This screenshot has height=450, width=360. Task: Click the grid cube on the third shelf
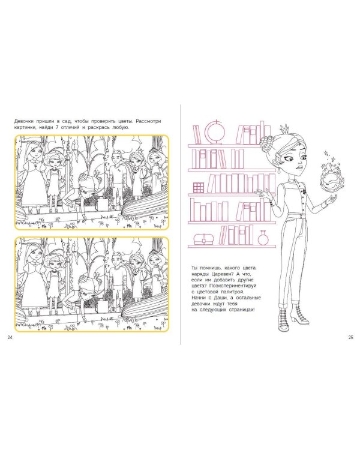pyautogui.click(x=199, y=187)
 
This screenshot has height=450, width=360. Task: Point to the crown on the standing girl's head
pyautogui.click(x=285, y=127)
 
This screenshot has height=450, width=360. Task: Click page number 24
pyautogui.click(x=10, y=337)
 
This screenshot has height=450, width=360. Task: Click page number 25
pyautogui.click(x=351, y=337)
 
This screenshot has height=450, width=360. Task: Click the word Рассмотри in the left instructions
pyautogui.click(x=148, y=121)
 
